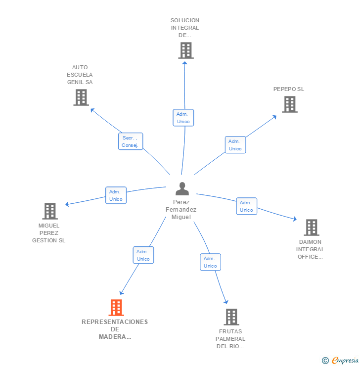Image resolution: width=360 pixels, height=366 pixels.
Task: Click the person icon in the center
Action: [182, 189]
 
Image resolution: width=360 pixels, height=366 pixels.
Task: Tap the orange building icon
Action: [116, 308]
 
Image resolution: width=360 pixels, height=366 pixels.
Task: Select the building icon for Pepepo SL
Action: [290, 104]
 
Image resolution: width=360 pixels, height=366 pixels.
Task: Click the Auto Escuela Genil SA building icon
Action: [81, 97]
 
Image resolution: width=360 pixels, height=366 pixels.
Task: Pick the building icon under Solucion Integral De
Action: [185, 50]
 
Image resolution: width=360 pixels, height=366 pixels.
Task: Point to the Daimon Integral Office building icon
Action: [311, 228]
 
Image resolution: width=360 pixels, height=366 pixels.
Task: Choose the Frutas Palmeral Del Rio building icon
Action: [231, 317]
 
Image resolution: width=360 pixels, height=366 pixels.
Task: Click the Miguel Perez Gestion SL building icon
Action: [49, 211]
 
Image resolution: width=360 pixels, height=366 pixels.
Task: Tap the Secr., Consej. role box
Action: [131, 141]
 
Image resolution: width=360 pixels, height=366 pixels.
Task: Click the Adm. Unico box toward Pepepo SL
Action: [235, 145]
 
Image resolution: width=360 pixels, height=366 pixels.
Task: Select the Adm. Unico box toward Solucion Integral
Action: [183, 118]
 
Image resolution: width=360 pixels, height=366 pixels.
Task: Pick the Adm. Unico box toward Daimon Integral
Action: [246, 206]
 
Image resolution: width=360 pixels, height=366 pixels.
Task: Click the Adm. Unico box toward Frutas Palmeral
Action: [210, 262]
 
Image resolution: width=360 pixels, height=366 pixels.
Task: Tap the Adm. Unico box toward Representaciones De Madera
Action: [143, 255]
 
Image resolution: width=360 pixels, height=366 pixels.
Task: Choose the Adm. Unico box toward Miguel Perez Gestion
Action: [116, 195]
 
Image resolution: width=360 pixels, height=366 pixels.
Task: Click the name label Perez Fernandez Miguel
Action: [181, 210]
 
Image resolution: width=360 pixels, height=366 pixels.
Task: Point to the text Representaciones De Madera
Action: [115, 329]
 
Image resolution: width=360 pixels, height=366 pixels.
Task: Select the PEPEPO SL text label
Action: [289, 89]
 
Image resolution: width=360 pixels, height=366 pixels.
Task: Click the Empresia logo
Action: [345, 361]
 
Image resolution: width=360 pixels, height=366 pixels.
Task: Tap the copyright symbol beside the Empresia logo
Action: [325, 361]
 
